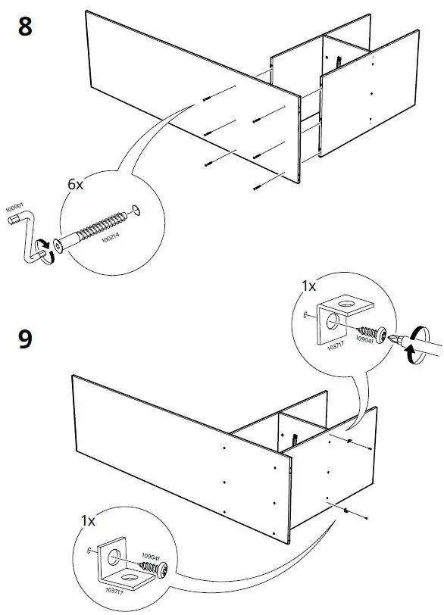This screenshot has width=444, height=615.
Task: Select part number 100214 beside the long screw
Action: coord(105,240)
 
